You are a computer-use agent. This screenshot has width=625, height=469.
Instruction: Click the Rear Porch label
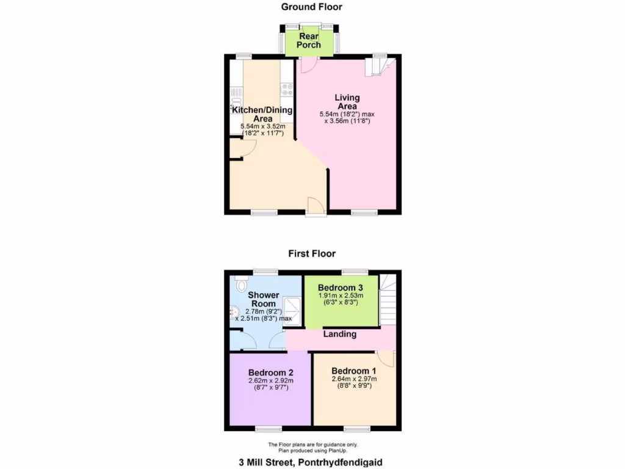[x=309, y=41]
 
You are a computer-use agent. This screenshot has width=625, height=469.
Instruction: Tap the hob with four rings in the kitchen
[x=286, y=90]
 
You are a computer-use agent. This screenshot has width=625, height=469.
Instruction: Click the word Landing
[x=339, y=334]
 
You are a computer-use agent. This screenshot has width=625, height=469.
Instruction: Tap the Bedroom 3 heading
[x=341, y=288]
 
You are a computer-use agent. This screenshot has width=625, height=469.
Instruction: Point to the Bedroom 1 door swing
[x=386, y=360]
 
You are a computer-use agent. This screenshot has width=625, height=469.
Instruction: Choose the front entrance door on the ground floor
[x=316, y=206]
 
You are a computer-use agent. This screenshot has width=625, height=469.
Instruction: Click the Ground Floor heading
[x=311, y=7]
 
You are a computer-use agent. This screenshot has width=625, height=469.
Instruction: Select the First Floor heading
[x=312, y=253]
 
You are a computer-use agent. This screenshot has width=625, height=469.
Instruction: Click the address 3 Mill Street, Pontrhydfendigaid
[x=311, y=462]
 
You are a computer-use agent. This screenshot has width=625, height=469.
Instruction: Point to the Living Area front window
[x=364, y=212]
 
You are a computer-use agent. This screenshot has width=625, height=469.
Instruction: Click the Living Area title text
[x=347, y=102]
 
